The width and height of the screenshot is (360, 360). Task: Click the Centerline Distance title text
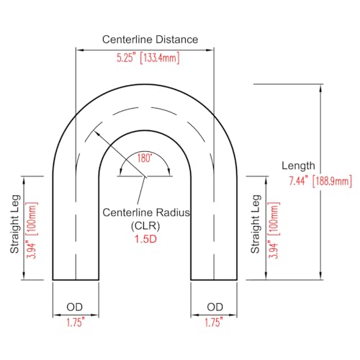(150, 40)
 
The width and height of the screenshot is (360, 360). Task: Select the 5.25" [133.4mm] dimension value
(148, 58)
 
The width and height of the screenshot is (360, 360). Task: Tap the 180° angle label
(145, 158)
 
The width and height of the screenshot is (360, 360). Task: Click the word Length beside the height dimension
(298, 166)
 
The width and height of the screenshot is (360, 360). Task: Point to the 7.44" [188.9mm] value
(320, 181)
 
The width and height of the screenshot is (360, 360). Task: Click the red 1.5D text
(145, 239)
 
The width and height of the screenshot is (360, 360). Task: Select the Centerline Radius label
(146, 212)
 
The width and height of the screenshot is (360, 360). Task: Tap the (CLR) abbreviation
(145, 226)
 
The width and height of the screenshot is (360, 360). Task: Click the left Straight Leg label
(15, 224)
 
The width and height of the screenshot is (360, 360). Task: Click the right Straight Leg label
(256, 224)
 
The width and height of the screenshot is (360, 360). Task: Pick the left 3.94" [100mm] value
(32, 230)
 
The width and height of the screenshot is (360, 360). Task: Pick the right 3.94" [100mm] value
(274, 230)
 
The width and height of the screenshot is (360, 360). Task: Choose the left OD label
(74, 307)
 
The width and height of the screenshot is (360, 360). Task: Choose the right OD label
(215, 307)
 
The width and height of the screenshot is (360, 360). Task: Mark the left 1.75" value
(76, 323)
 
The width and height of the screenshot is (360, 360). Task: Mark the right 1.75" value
(214, 323)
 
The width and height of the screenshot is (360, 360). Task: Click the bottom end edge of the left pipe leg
(76, 280)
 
